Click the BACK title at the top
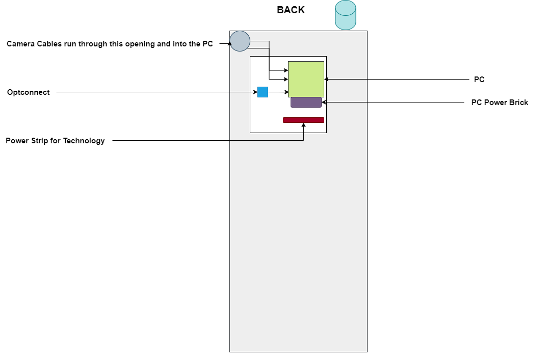pyautogui.click(x=291, y=10)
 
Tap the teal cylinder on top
pyautogui.click(x=345, y=15)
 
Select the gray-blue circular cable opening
pyautogui.click(x=240, y=41)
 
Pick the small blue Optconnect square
pyautogui.click(x=263, y=92)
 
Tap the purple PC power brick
pyautogui.click(x=306, y=102)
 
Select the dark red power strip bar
pyautogui.click(x=303, y=120)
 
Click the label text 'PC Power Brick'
pyautogui.click(x=500, y=102)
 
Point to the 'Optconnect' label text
pyautogui.click(x=29, y=92)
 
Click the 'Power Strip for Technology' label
pyautogui.click(x=55, y=141)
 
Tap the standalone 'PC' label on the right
pyautogui.click(x=479, y=80)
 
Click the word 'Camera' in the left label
pyautogui.click(x=21, y=44)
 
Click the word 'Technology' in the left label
pyautogui.click(x=84, y=141)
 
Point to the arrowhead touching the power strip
pyautogui.click(x=303, y=125)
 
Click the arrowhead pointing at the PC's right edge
pyautogui.click(x=326, y=79)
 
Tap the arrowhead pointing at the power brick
pyautogui.click(x=324, y=102)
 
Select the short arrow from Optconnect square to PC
pyautogui.click(x=278, y=92)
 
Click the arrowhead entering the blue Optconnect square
pyautogui.click(x=255, y=92)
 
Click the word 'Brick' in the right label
pyautogui.click(x=518, y=102)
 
